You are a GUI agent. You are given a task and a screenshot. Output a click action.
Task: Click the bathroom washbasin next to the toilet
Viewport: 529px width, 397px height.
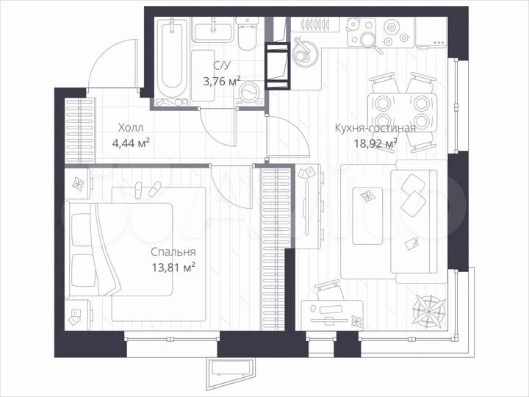[x=213, y=32]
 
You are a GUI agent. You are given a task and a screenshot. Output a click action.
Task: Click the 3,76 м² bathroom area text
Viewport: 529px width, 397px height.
[x=220, y=82]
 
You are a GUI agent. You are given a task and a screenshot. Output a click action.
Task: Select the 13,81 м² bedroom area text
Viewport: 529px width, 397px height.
[x=169, y=268]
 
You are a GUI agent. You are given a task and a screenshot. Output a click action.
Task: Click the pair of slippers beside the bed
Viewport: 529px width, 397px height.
[x=145, y=190]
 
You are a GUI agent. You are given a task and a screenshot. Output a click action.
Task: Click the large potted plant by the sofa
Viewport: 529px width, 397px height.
[x=427, y=310]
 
